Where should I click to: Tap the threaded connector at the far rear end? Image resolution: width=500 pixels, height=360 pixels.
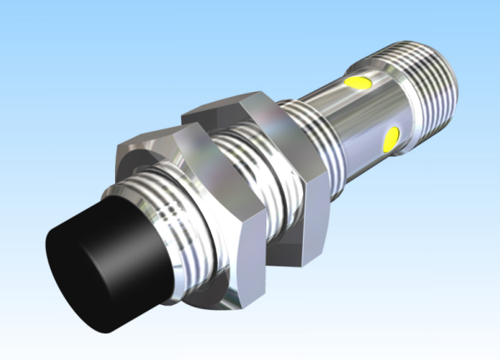pyautogui.click(x=426, y=79)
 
